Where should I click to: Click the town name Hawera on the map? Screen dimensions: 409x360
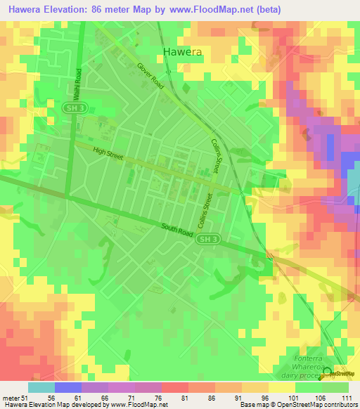(x=182, y=51)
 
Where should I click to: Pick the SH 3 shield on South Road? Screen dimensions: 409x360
(x=204, y=240)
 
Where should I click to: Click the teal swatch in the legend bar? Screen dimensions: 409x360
(x=41, y=387)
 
